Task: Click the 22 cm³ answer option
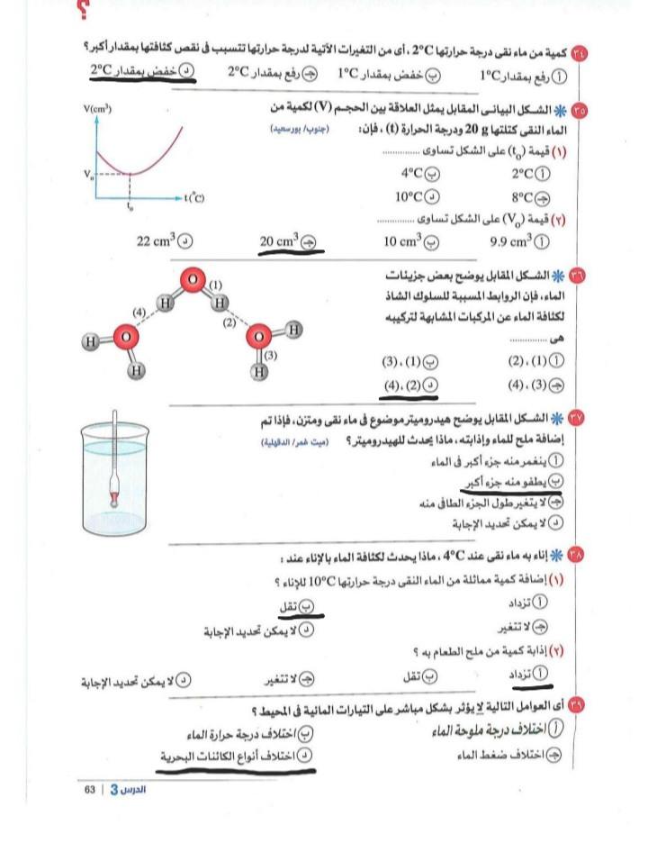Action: pyautogui.click(x=163, y=240)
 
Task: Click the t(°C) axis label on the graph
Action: pyautogui.click(x=193, y=196)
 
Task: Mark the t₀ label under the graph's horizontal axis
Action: pyautogui.click(x=130, y=206)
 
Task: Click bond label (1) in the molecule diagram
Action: pyautogui.click(x=216, y=285)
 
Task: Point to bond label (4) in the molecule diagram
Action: pyautogui.click(x=139, y=312)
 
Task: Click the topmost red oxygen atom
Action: pyautogui.click(x=193, y=280)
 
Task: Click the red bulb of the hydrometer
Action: pyautogui.click(x=114, y=497)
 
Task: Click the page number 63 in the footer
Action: pyautogui.click(x=90, y=789)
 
